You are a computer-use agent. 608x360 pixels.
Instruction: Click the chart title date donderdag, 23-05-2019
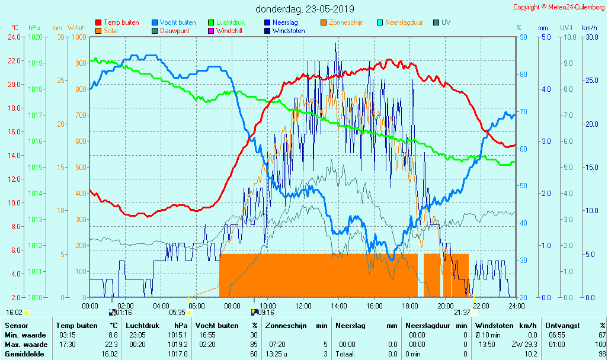point(305,9)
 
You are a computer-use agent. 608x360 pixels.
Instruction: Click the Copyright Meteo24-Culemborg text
point(559,7)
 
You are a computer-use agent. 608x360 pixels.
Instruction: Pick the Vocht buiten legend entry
point(177,22)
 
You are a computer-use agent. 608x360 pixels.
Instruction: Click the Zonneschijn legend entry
point(345,22)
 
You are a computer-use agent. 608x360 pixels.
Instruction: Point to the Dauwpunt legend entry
point(177,31)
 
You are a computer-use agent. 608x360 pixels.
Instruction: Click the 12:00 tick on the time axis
point(303,306)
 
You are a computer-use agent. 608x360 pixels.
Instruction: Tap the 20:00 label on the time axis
point(446,306)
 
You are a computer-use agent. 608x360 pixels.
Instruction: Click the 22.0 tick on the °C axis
point(14,61)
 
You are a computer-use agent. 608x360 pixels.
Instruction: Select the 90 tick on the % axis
point(523,37)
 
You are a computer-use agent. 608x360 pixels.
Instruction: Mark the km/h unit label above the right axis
point(589,28)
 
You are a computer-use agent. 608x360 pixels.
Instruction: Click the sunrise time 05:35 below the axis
point(177,313)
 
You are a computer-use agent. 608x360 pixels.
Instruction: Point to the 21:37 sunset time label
point(462,313)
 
